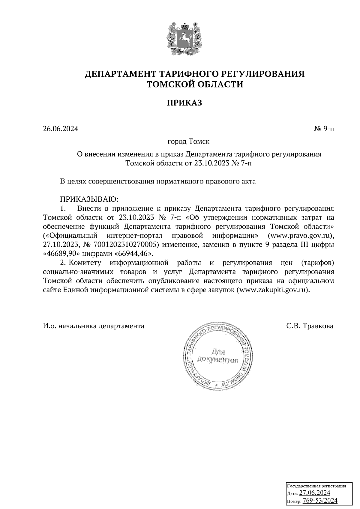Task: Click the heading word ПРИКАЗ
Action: pyautogui.click(x=184, y=103)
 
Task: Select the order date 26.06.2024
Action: pyautogui.click(x=60, y=129)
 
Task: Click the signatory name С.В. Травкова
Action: pyautogui.click(x=309, y=326)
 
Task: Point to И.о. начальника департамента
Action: pyautogui.click(x=93, y=326)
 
